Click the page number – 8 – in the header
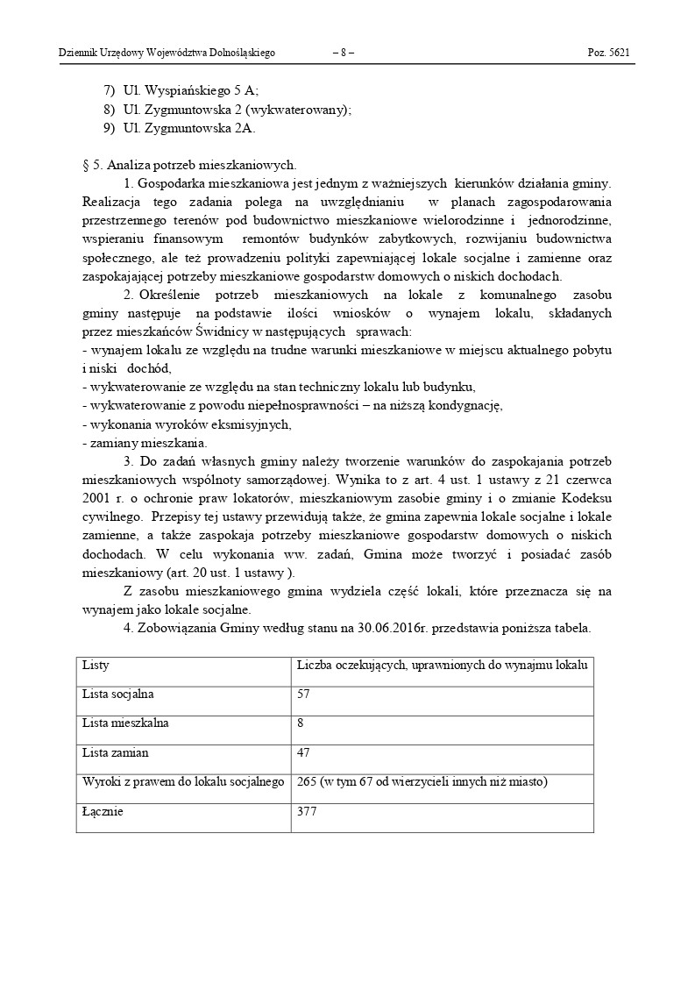[344, 53]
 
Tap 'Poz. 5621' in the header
[608, 53]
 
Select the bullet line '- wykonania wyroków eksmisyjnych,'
[186, 424]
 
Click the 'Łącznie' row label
[103, 811]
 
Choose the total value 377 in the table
[308, 811]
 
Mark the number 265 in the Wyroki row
[308, 781]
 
